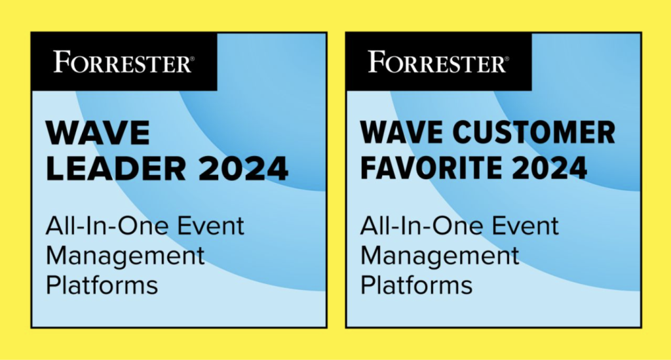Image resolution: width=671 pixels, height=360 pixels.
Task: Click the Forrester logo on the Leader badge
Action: [x=124, y=62]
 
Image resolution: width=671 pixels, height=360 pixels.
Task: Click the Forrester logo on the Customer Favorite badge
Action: [x=438, y=62]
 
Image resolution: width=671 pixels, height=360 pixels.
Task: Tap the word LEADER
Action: [x=116, y=169]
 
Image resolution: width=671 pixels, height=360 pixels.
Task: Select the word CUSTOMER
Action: [x=534, y=132]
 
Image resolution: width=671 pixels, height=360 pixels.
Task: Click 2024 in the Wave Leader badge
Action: [x=244, y=169]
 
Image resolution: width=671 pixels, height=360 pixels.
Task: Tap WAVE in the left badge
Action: [x=98, y=133]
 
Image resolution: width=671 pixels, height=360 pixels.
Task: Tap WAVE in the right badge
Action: [x=403, y=132]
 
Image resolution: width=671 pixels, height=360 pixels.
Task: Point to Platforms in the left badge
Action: [x=102, y=285]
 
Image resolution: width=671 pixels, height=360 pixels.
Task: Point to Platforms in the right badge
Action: [x=417, y=285]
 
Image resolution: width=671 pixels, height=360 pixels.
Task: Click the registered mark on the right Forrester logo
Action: [x=507, y=58]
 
